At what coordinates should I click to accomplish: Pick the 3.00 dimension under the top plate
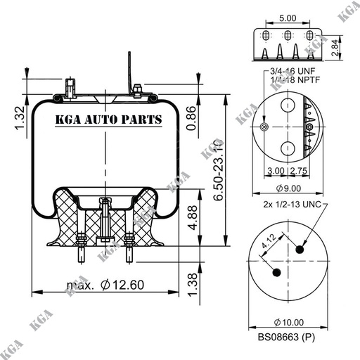[x=276, y=171]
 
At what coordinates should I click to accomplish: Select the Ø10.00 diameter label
[x=288, y=321]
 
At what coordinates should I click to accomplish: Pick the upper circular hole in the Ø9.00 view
[x=288, y=106]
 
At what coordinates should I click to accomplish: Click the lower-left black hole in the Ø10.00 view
[x=276, y=272]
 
